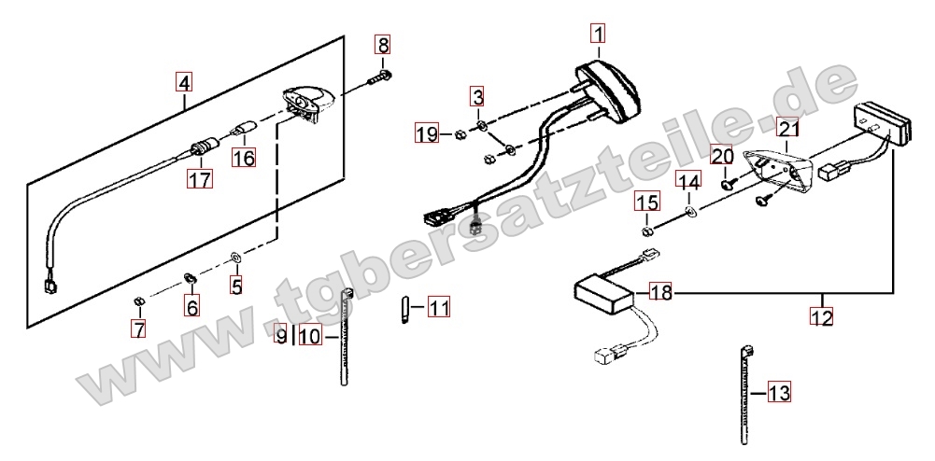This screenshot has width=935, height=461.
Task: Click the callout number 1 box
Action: coord(598,34)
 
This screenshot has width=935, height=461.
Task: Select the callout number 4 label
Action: coord(184,82)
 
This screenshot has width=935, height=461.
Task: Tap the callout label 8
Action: coord(382,45)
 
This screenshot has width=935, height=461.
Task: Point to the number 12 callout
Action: coord(821,317)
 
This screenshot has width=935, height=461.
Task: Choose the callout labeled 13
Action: coord(779,392)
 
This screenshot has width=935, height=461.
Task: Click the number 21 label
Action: coord(788,128)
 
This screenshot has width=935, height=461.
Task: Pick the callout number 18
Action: coord(660,292)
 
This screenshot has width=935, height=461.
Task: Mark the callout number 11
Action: coord(439,308)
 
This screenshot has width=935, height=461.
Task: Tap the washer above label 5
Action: coord(236,258)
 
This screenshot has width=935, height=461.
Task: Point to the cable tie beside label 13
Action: coord(744,396)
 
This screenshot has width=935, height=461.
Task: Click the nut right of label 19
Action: coord(460,134)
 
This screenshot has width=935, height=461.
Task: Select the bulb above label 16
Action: coord(244,129)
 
